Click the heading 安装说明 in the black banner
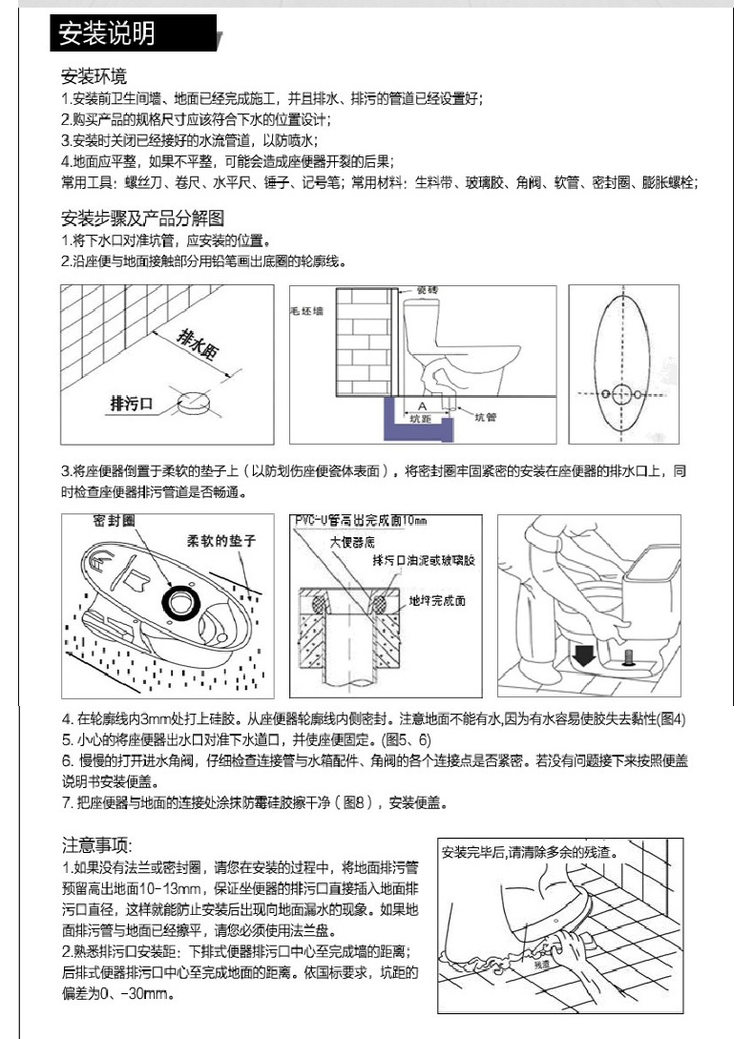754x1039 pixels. click(x=106, y=35)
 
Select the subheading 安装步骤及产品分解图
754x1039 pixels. click(x=142, y=217)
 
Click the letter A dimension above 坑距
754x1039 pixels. click(x=421, y=406)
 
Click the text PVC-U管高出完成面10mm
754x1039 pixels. click(x=360, y=521)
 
